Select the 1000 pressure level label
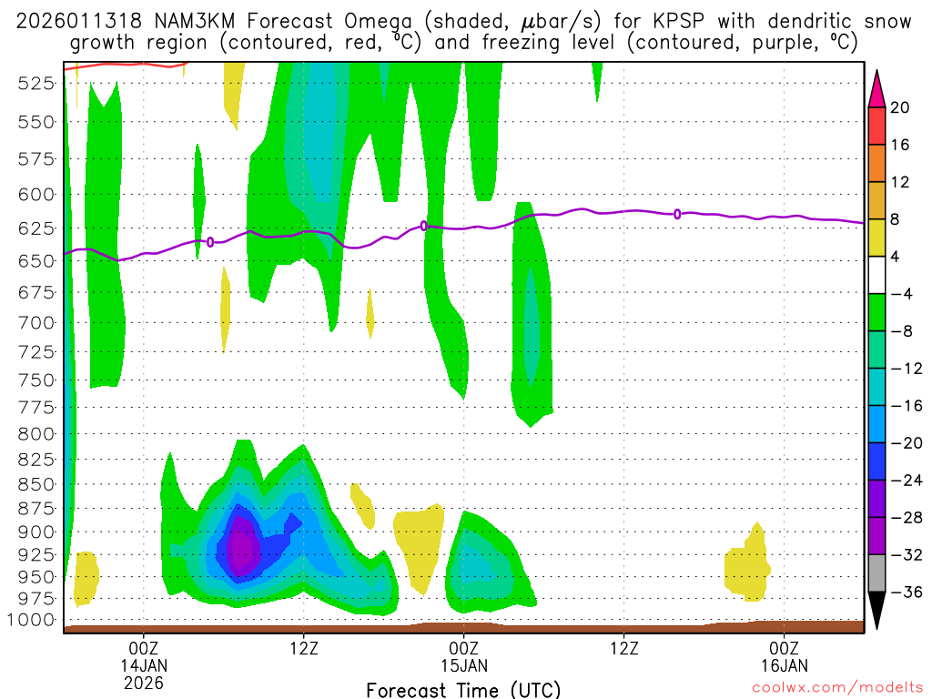click(x=33, y=620)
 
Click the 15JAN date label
click(x=464, y=664)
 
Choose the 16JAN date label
click(x=784, y=664)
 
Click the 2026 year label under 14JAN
click(x=144, y=682)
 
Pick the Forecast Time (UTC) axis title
click(x=463, y=689)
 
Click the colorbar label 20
click(x=900, y=107)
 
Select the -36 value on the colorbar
click(x=900, y=592)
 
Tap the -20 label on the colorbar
click(x=900, y=443)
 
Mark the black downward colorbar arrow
click(x=877, y=611)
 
